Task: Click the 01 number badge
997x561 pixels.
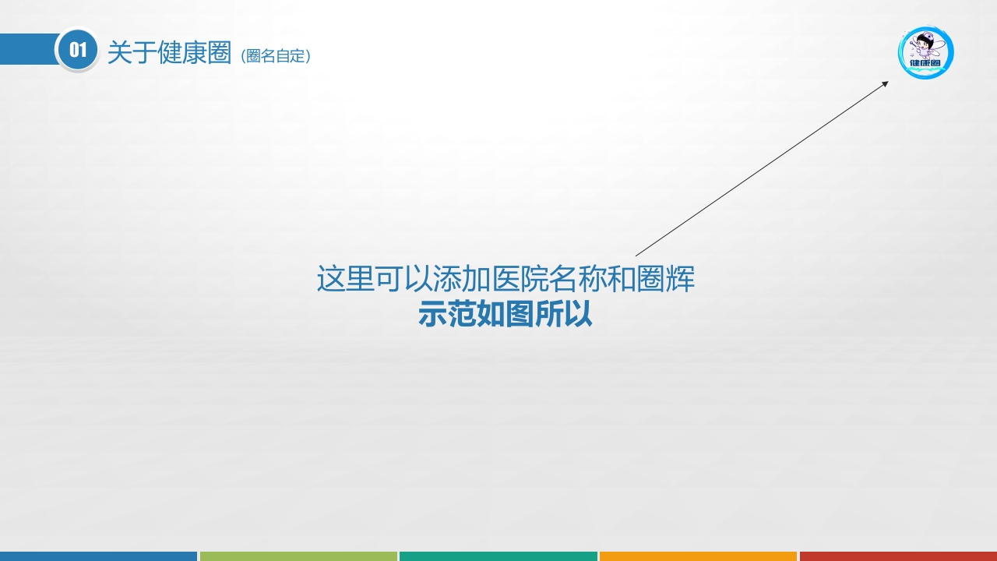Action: tap(77, 50)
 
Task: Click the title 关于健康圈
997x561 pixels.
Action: tap(169, 52)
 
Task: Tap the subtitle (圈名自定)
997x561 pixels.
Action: tap(276, 56)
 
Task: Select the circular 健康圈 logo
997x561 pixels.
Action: tap(925, 52)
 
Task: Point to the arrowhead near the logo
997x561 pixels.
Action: tap(885, 83)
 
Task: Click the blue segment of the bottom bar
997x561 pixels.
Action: tap(98, 556)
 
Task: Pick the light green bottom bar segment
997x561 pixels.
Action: tap(298, 556)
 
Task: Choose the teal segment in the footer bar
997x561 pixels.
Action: tap(498, 556)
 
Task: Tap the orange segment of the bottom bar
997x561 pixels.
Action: tap(698, 556)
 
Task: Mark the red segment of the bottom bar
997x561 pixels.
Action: tap(898, 556)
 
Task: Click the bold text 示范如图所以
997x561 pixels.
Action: tap(506, 314)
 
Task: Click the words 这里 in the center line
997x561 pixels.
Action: tap(346, 279)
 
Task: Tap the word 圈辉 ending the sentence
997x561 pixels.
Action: tap(665, 279)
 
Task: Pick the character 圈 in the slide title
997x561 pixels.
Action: tap(220, 52)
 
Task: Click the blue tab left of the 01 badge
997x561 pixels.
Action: tap(27, 49)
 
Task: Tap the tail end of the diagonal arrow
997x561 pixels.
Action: tap(637, 255)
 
